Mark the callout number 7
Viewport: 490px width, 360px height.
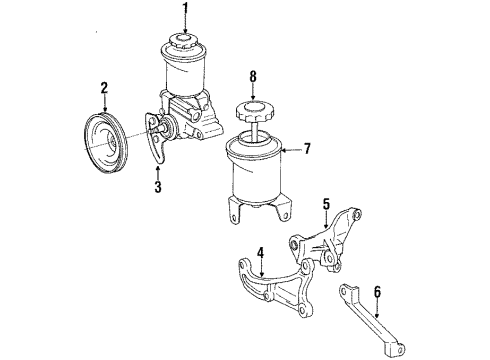pyautogui.click(x=307, y=150)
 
